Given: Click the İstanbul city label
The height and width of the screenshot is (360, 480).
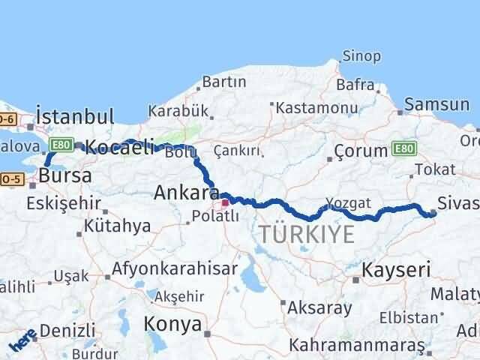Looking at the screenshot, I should pyautogui.click(x=75, y=117).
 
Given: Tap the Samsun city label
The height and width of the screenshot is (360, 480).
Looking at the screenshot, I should pyautogui.click(x=436, y=105).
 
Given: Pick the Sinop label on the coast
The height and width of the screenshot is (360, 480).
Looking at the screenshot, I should pyautogui.click(x=361, y=56).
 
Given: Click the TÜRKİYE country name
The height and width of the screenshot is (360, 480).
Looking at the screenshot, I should pyautogui.click(x=307, y=234).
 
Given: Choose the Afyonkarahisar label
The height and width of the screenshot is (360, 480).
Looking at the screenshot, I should pyautogui.click(x=175, y=268).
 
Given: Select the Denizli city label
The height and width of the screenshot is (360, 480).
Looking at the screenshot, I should pyautogui.click(x=67, y=329).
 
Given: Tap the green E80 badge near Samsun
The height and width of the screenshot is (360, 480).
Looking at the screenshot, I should pyautogui.click(x=402, y=149).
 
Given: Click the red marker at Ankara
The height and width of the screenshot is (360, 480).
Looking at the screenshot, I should pyautogui.click(x=224, y=202).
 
